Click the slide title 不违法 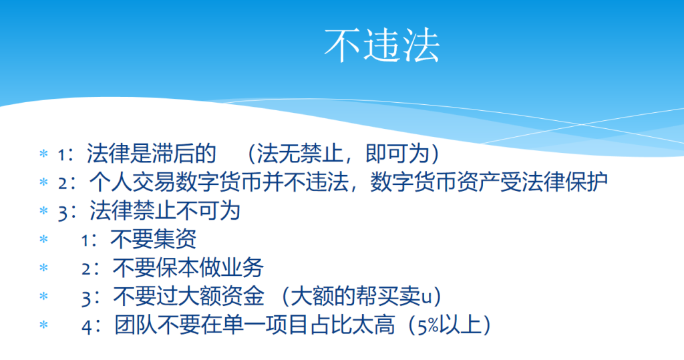pos(381,45)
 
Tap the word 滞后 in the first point pos(173,153)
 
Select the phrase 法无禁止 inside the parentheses pos(299,153)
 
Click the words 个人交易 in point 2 pos(132,182)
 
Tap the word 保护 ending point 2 pos(586,182)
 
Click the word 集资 pos(175,238)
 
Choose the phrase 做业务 pos(232,267)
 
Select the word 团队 pos(136,325)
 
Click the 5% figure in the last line pos(428,325)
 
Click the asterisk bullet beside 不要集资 pos(43,238)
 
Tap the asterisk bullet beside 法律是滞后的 pos(43,153)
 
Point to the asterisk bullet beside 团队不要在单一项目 pos(43,325)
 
